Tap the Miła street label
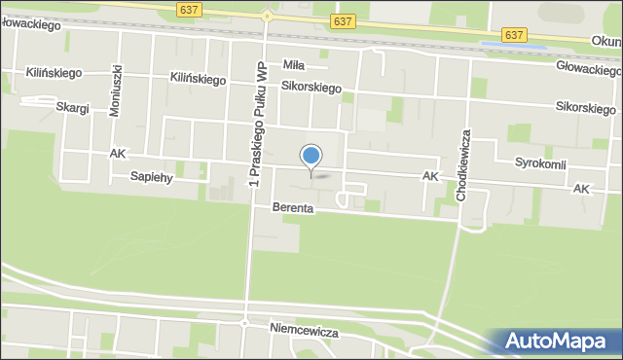294,65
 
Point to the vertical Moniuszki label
116,90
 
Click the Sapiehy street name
151,176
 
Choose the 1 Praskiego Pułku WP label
257,124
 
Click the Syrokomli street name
540,163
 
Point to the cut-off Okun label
606,42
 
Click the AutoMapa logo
558,342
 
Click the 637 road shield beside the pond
515,35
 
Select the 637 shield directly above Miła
342,20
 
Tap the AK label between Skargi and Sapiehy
118,154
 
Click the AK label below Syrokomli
582,187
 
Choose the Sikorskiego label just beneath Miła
311,88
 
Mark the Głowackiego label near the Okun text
588,70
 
